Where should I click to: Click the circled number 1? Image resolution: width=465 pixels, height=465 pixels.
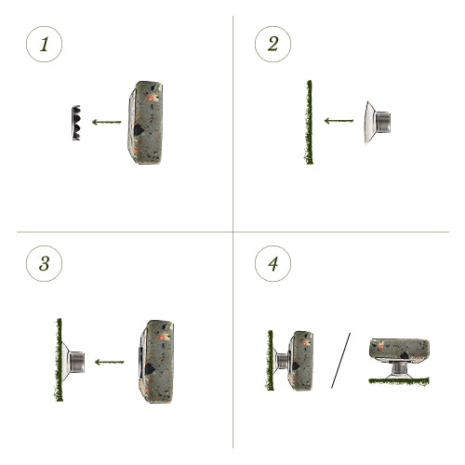(44, 44)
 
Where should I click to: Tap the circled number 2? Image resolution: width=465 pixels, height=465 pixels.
(272, 44)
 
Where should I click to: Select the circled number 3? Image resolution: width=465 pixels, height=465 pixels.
(44, 263)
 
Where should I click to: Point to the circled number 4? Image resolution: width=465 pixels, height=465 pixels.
(272, 263)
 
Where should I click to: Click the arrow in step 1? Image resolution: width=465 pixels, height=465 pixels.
(106, 122)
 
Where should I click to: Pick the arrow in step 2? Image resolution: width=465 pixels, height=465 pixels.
(339, 121)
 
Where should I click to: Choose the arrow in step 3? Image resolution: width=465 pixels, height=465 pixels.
(109, 362)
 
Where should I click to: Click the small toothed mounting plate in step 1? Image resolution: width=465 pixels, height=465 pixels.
(76, 123)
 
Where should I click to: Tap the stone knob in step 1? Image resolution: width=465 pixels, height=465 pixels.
(145, 123)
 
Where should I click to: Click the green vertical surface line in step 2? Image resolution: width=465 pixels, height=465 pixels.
(309, 122)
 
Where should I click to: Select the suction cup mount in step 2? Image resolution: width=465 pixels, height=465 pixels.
(378, 123)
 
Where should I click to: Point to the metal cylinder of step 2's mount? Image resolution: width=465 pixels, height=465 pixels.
(383, 122)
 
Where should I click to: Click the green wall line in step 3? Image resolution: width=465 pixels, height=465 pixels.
(59, 360)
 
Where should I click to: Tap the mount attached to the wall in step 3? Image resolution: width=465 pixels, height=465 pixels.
(73, 362)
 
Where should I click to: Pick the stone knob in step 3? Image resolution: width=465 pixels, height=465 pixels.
(156, 362)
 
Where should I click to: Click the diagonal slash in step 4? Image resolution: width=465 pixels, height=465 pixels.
(340, 360)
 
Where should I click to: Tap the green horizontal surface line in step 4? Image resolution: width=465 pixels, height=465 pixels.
(399, 381)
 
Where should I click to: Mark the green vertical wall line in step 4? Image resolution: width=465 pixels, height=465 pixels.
(270, 360)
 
